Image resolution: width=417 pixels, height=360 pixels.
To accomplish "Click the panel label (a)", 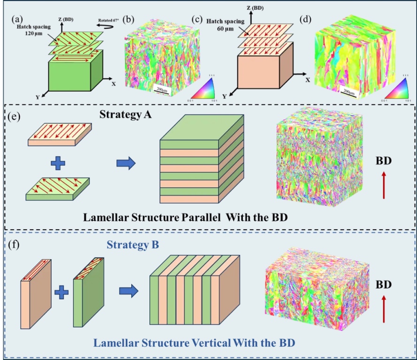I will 18,19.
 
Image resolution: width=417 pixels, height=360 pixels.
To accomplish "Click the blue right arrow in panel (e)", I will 126,164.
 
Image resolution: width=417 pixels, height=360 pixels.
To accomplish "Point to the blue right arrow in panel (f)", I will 129,292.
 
